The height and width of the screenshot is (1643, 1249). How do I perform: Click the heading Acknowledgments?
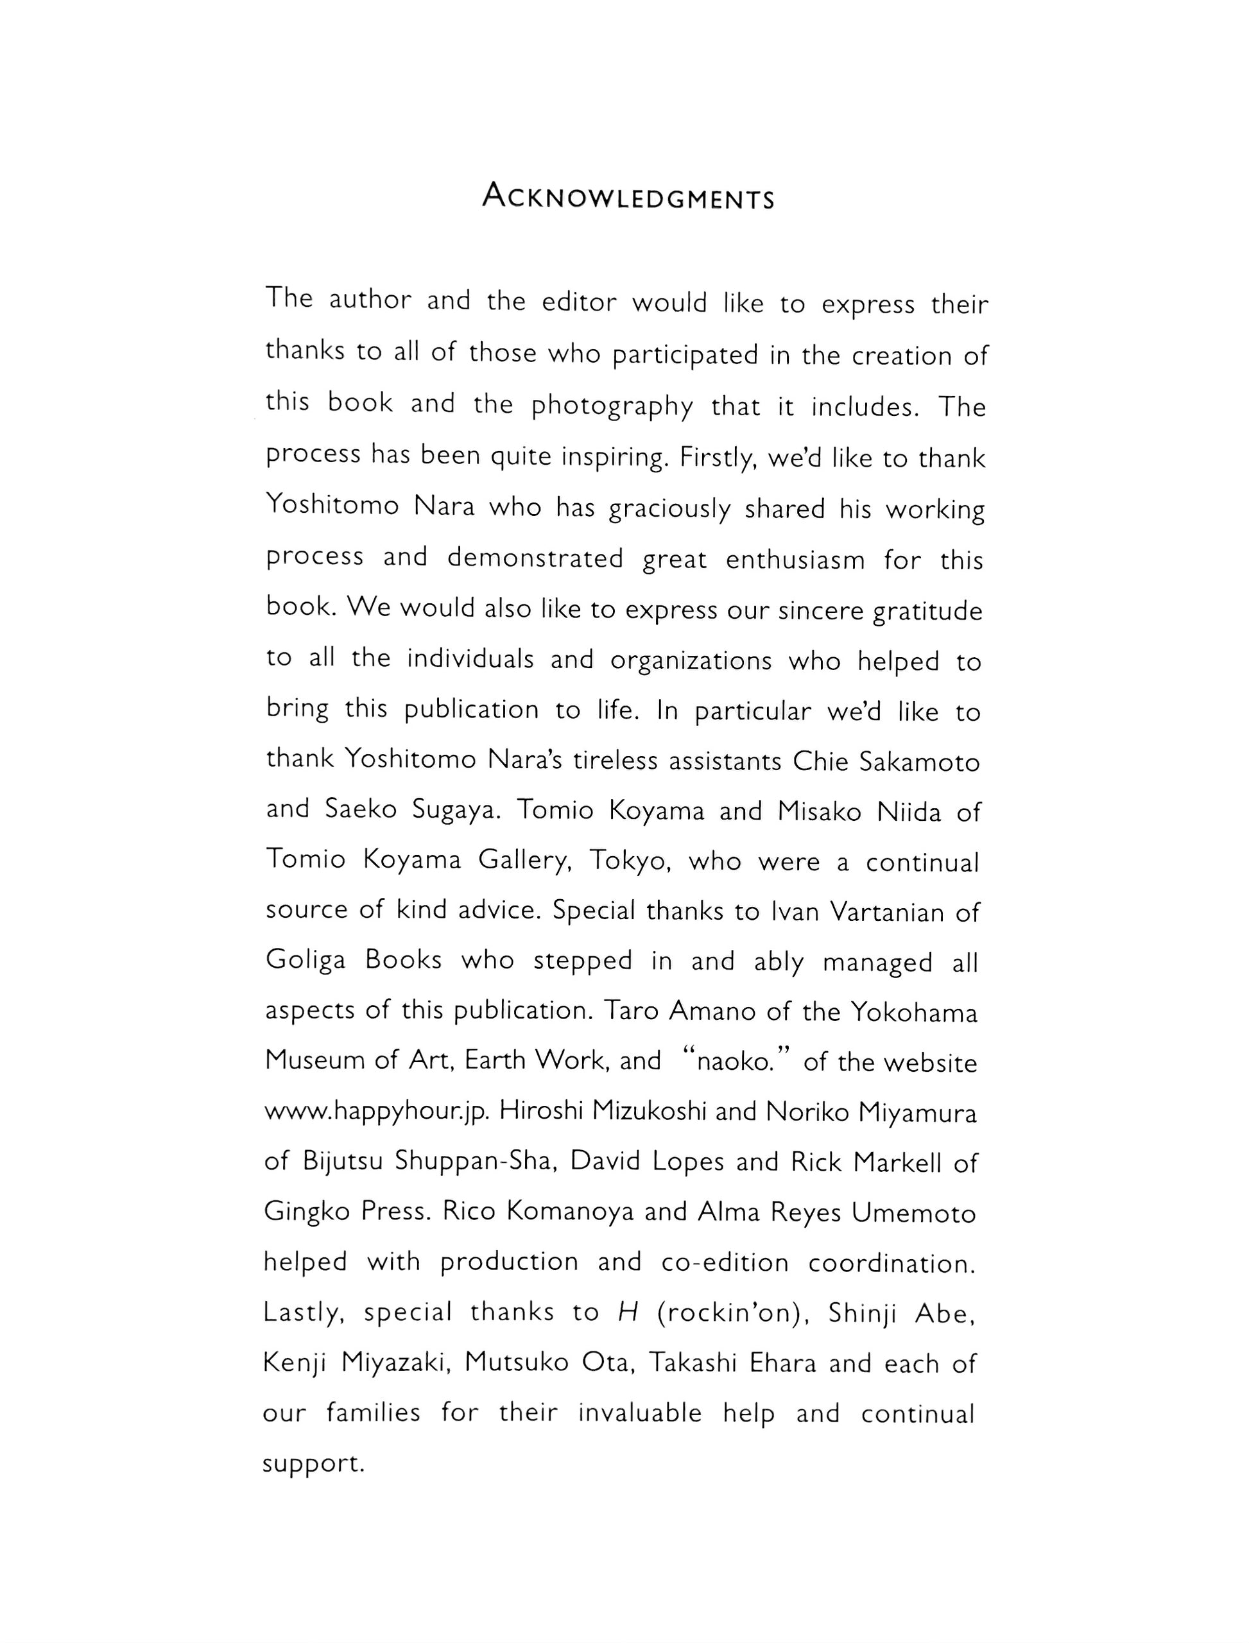click(628, 196)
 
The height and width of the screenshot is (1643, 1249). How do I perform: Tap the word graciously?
click(669, 509)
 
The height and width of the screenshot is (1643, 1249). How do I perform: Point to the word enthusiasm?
click(795, 559)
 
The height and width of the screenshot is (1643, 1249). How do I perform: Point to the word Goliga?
click(306, 961)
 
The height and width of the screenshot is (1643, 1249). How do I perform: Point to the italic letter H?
click(628, 1313)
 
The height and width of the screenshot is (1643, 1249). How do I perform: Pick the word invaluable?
click(640, 1413)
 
